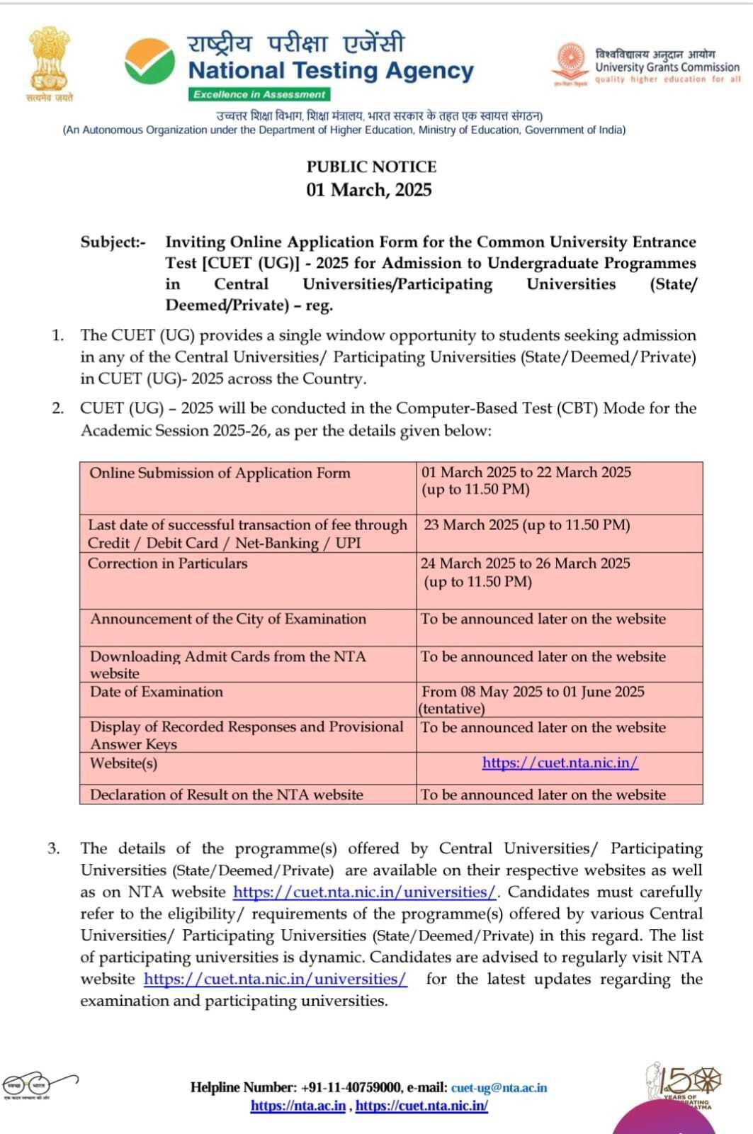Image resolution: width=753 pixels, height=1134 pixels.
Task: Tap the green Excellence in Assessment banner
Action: (259, 94)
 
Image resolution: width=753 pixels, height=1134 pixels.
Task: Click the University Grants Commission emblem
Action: (571, 62)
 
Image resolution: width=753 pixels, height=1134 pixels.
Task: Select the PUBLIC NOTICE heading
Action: (371, 167)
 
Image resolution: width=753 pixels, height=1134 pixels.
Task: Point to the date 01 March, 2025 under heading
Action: (369, 190)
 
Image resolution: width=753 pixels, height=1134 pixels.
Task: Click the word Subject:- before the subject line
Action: (113, 242)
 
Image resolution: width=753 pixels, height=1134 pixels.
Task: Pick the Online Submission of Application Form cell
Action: (220, 473)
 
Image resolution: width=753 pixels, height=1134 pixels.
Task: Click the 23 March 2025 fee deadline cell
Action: (526, 525)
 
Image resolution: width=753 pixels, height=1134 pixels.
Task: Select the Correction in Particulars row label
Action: (168, 564)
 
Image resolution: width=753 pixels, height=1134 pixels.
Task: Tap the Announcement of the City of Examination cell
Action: (228, 619)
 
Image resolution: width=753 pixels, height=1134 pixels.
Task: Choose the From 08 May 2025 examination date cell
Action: (533, 692)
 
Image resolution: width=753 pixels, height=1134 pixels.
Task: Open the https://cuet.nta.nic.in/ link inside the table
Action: (560, 763)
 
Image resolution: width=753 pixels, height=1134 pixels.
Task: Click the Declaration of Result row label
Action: (227, 795)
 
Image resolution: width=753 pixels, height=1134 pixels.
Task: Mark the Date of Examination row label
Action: (157, 692)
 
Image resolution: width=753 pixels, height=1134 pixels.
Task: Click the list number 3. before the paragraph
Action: (54, 848)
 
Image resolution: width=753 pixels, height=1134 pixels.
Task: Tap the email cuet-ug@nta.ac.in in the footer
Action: (499, 1088)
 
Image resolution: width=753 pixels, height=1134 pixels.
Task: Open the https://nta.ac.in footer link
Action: (298, 1106)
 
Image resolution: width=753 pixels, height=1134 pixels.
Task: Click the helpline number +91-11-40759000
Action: (351, 1088)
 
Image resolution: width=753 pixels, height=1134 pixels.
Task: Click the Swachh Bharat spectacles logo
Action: (39, 1083)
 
